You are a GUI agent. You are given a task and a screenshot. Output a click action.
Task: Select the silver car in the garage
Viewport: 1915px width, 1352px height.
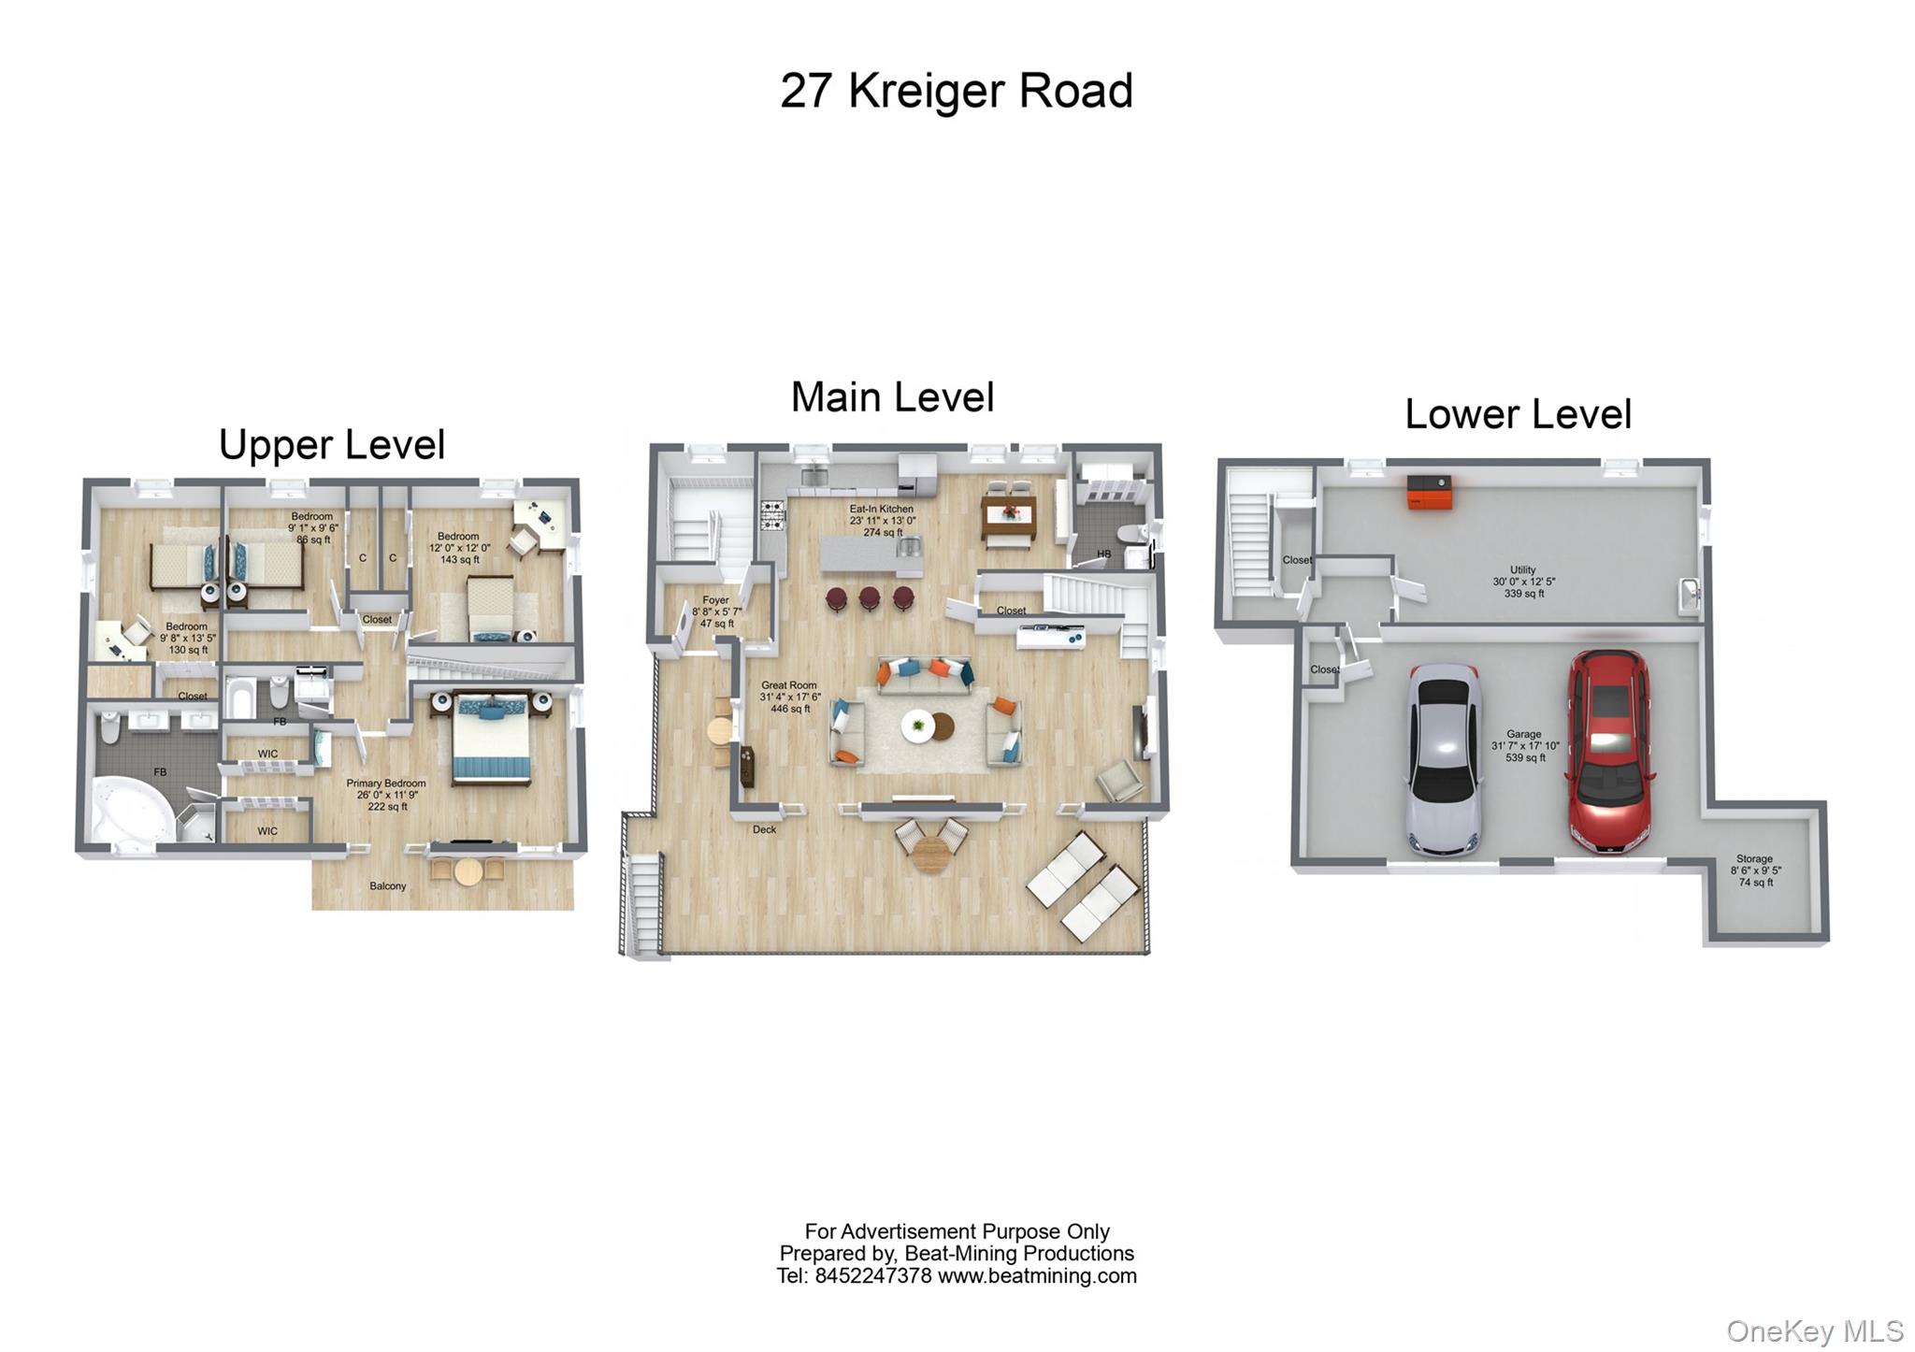click(x=1444, y=759)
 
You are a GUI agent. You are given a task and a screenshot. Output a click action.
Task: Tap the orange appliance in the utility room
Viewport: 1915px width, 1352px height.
click(x=1431, y=492)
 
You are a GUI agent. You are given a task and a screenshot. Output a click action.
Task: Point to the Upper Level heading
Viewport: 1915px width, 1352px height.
click(x=332, y=445)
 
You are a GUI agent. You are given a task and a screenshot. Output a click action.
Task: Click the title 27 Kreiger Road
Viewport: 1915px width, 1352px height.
click(x=956, y=92)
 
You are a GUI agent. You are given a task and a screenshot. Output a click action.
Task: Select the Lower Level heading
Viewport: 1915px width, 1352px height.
click(x=1518, y=414)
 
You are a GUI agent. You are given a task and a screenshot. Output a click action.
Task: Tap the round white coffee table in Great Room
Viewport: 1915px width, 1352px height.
click(x=918, y=726)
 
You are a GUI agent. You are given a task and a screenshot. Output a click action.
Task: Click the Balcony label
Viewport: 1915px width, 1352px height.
click(x=387, y=885)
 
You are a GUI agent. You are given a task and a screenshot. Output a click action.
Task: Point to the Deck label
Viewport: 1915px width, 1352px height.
click(x=764, y=829)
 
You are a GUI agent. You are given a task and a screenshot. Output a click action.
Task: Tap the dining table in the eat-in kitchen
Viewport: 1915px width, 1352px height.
click(x=1008, y=513)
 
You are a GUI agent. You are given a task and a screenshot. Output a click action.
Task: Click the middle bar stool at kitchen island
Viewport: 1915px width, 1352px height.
click(x=870, y=598)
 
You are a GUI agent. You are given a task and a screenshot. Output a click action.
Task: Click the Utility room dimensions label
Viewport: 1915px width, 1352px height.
click(x=1523, y=582)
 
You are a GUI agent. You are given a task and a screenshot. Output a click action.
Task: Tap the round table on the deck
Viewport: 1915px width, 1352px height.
click(x=930, y=853)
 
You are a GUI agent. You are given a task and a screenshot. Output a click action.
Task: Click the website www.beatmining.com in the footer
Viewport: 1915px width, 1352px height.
click(x=1037, y=1275)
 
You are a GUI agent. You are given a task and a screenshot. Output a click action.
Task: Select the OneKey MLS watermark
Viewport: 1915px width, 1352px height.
click(x=1814, y=1330)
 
